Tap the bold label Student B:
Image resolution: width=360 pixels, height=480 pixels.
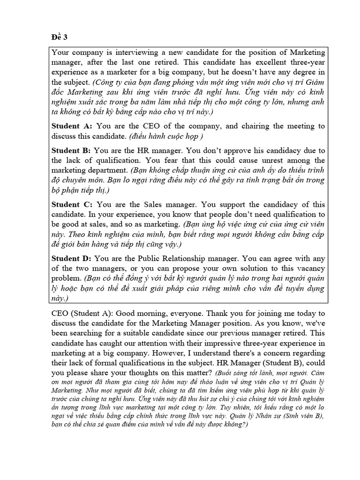[x=72, y=151]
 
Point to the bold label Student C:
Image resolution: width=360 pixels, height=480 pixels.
[x=72, y=204]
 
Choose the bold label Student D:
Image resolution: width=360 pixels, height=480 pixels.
[x=72, y=258]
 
